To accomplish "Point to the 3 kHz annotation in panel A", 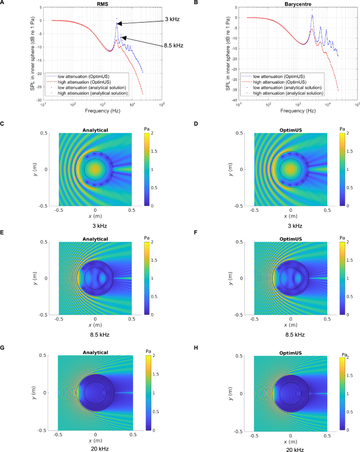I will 172,20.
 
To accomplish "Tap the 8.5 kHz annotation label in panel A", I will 173,46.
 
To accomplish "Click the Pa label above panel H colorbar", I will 342,352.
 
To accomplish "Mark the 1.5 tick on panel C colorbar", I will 149,151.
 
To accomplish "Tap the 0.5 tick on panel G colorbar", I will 150,412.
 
